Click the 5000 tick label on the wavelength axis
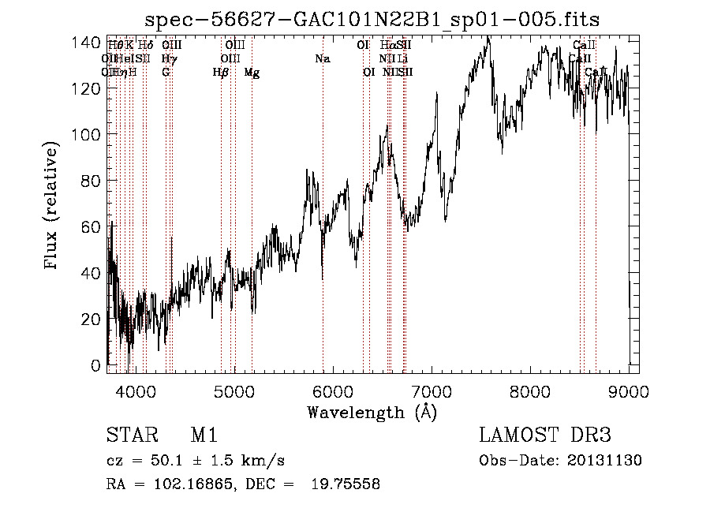pyautogui.click(x=234, y=390)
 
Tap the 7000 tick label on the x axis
pyautogui.click(x=432, y=390)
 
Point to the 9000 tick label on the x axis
pyautogui.click(x=629, y=390)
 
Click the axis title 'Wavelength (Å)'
pyautogui.click(x=372, y=411)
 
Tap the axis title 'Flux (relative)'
pyautogui.click(x=53, y=207)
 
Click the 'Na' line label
pyautogui.click(x=322, y=59)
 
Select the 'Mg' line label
pyautogui.click(x=252, y=73)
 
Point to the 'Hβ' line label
pyautogui.click(x=221, y=73)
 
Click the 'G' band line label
pyautogui.click(x=166, y=73)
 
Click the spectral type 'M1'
pyautogui.click(x=204, y=436)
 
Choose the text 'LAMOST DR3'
pyautogui.click(x=544, y=436)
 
